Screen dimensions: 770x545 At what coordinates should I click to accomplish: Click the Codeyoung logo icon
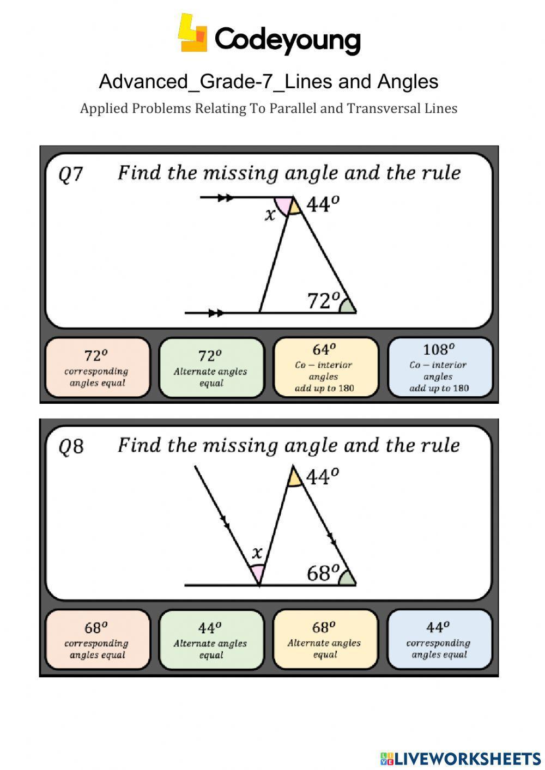point(192,34)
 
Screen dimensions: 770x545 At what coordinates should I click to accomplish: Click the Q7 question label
point(71,175)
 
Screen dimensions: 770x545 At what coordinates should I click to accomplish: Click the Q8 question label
point(71,447)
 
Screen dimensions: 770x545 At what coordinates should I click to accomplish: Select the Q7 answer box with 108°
point(439,368)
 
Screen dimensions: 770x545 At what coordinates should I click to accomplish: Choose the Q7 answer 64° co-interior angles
point(325,368)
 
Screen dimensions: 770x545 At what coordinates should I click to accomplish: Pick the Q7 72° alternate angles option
point(211,368)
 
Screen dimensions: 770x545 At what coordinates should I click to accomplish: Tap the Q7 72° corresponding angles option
point(97,368)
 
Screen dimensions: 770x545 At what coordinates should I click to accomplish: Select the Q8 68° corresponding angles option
point(97,640)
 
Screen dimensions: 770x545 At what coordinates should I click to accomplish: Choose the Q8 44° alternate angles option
point(211,640)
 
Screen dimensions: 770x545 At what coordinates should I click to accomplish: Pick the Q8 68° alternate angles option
point(325,640)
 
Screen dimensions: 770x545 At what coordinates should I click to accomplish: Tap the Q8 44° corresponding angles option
point(439,640)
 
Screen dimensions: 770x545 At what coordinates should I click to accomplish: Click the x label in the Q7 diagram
point(270,215)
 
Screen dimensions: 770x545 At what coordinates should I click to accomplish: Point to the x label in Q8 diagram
point(257,553)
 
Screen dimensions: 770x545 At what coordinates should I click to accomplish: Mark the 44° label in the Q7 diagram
point(323,204)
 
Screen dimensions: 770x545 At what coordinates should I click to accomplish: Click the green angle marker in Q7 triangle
point(347,307)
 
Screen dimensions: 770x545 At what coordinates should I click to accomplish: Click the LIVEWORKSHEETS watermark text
point(467,758)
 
